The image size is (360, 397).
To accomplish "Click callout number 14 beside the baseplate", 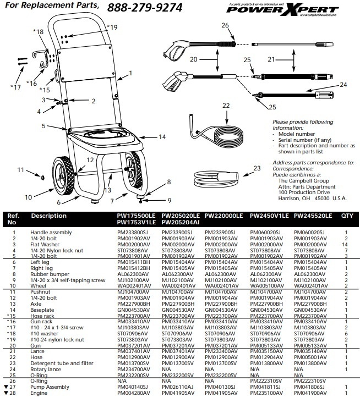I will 162,136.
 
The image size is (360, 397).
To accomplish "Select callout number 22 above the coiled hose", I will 226,104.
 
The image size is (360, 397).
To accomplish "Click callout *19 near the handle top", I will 112,27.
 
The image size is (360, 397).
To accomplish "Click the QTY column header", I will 347,216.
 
